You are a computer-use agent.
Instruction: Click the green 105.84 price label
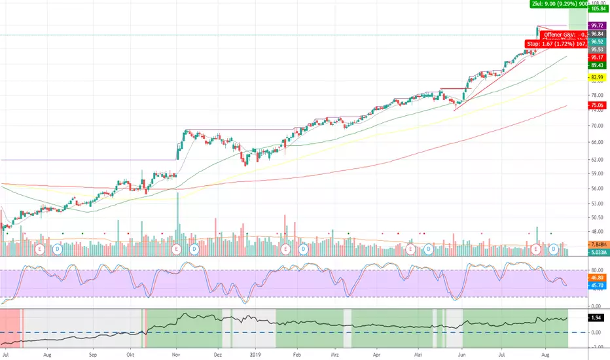click(596, 9)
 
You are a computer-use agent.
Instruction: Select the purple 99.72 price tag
click(596, 25)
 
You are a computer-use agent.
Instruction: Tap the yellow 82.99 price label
click(596, 78)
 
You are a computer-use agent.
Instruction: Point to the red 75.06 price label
click(596, 105)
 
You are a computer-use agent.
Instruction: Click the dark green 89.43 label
click(596, 65)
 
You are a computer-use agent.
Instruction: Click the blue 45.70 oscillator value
click(596, 285)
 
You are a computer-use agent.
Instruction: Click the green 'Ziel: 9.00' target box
click(549, 4)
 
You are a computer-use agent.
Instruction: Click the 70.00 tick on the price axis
click(596, 126)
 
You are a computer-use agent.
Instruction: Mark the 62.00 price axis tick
click(596, 160)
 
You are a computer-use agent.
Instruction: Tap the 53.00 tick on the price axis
click(596, 203)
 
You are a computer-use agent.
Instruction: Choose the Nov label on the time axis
click(175, 354)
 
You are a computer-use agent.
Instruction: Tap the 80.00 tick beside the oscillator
click(596, 270)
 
